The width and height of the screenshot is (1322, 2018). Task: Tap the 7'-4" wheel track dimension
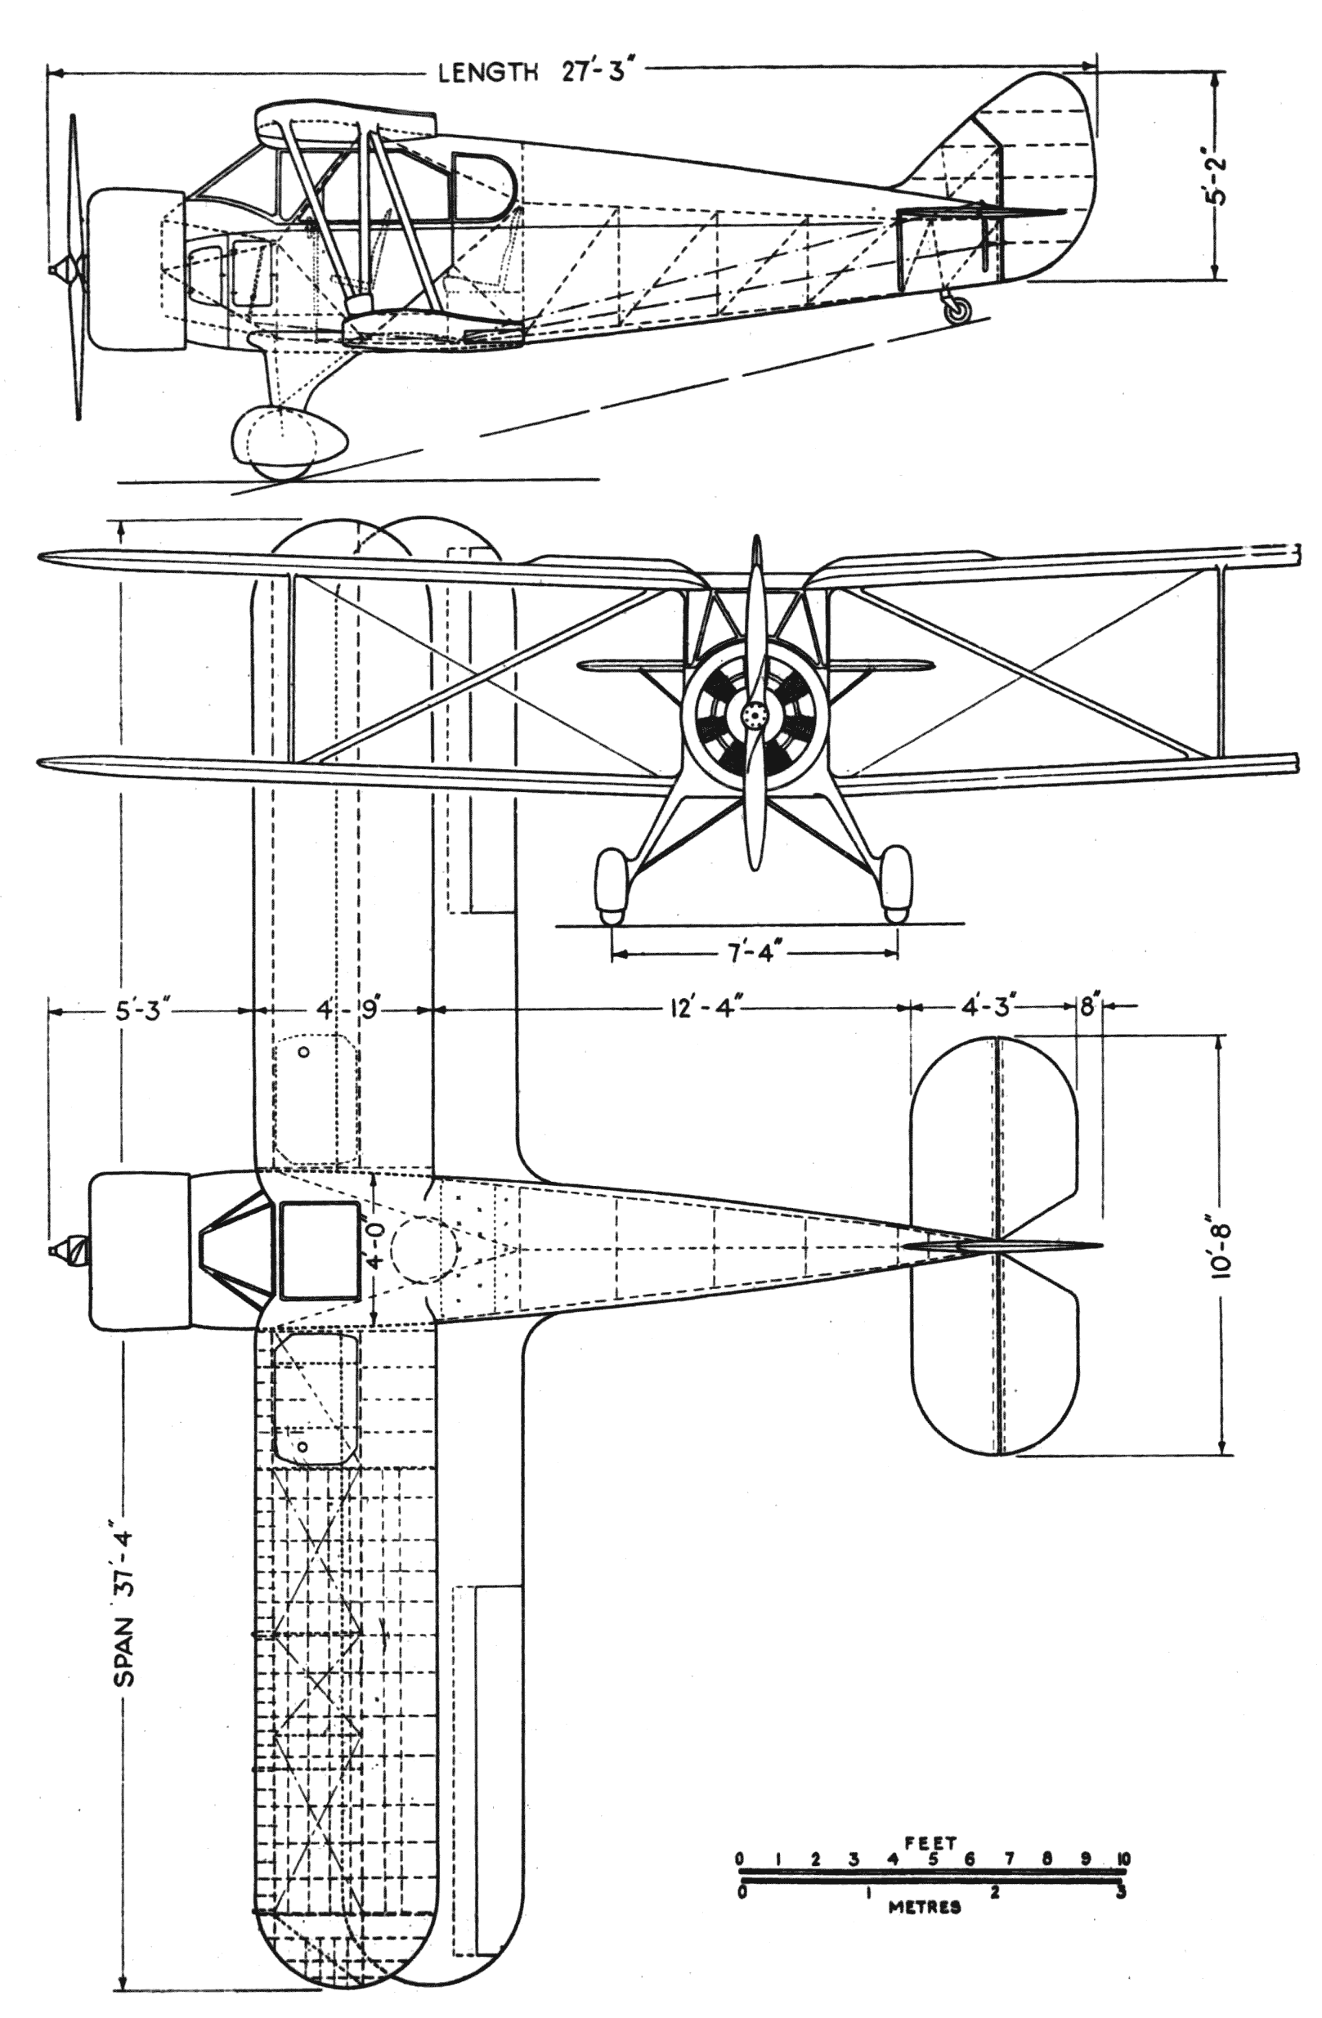point(753,954)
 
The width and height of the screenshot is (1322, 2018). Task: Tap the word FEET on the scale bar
point(930,1841)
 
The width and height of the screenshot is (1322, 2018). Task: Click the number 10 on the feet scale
point(1123,1859)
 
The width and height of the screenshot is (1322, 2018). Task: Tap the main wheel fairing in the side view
point(289,441)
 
